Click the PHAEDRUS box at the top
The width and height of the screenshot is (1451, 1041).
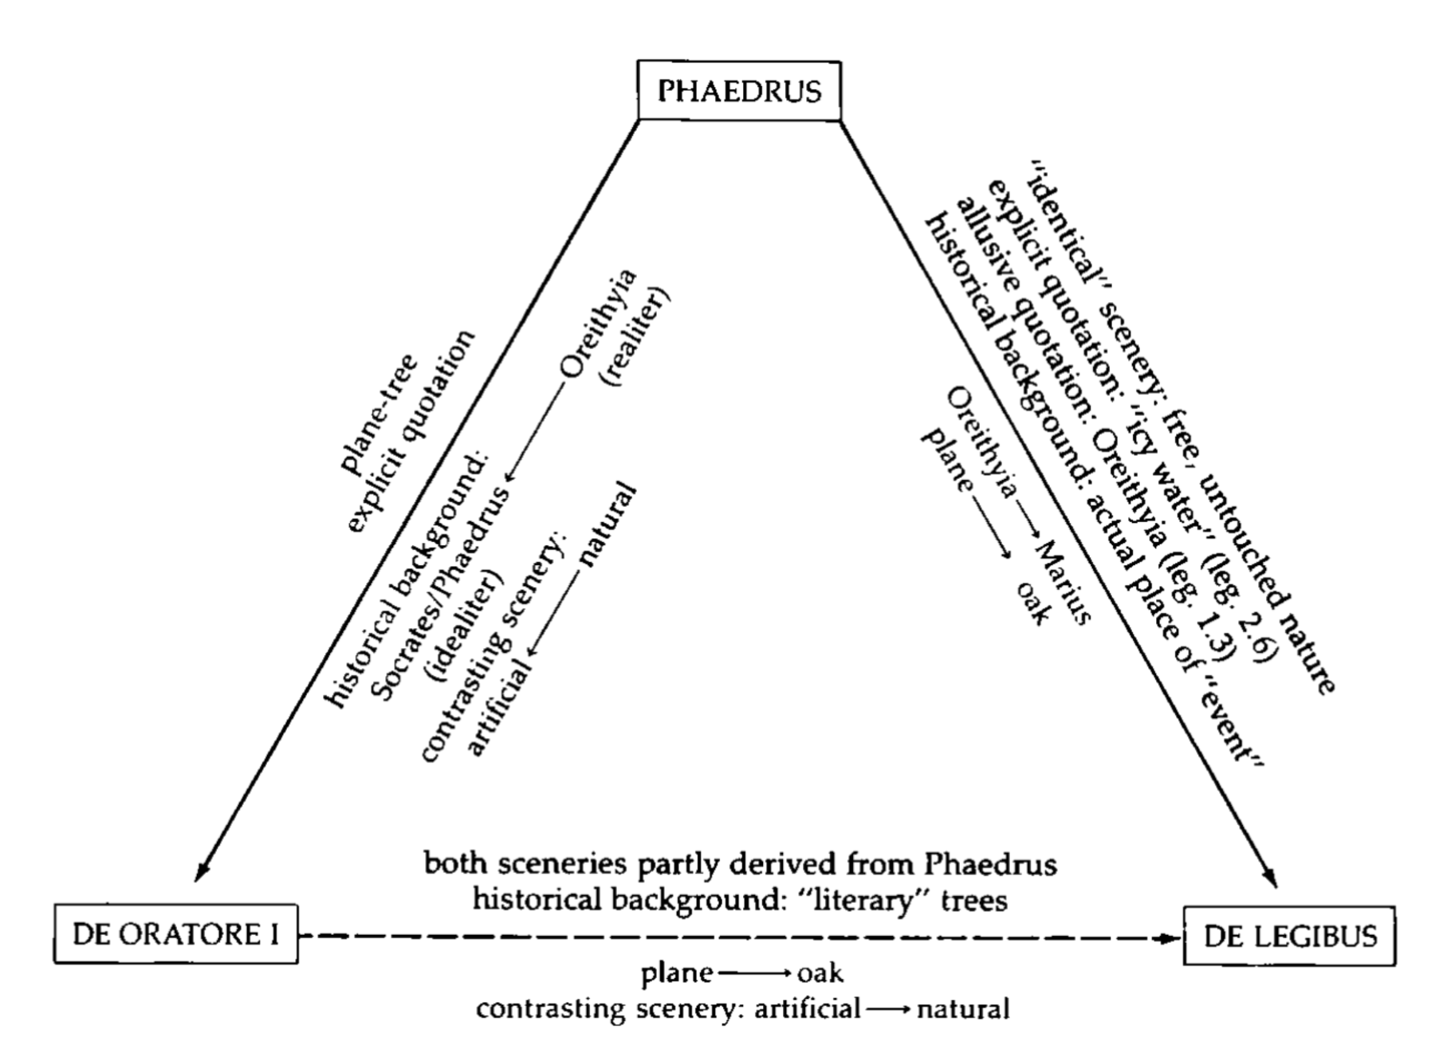coord(739,91)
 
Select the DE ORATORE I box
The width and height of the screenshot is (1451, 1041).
coord(175,934)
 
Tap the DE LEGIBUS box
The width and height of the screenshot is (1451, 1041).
coord(1289,936)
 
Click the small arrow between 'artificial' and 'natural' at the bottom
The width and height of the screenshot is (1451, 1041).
coord(888,1009)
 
